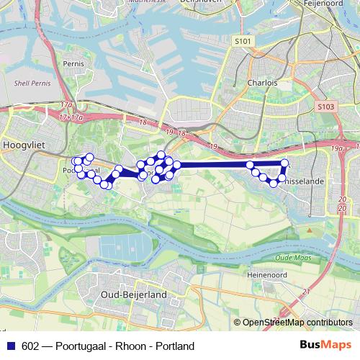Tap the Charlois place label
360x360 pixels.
tap(258, 83)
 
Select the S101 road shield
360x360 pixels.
tap(244, 42)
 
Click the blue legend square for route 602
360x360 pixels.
tap(12, 346)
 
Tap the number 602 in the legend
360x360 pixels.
tap(31, 346)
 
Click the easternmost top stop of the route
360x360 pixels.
tap(284, 163)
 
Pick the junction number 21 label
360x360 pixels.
tap(306, 291)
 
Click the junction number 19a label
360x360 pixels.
tap(338, 148)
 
